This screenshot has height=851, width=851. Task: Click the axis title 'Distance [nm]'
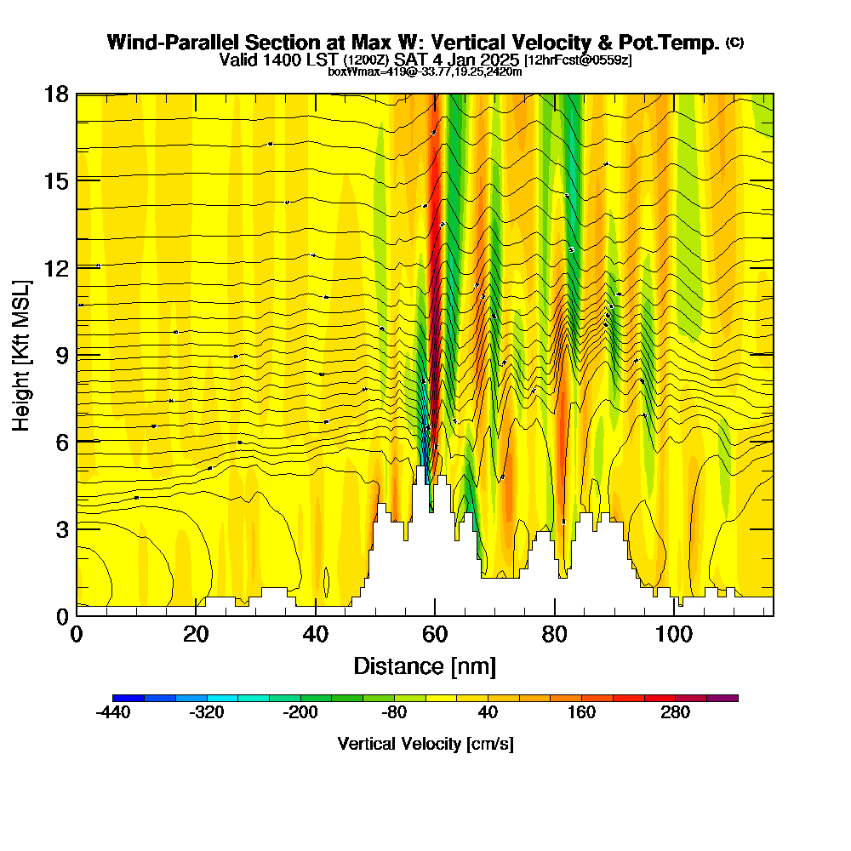[425, 665]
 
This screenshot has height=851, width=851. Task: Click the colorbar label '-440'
[112, 713]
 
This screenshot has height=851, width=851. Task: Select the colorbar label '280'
[676, 713]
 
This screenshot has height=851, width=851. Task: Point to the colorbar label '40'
[488, 713]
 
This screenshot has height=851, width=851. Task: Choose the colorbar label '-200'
[300, 713]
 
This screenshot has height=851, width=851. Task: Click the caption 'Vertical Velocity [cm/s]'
[425, 744]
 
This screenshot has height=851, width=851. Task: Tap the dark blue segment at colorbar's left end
[128, 698]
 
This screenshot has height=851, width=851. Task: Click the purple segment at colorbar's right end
[722, 698]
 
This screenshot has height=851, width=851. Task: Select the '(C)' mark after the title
[734, 43]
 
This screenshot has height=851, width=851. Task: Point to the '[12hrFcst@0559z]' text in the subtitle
[579, 60]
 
